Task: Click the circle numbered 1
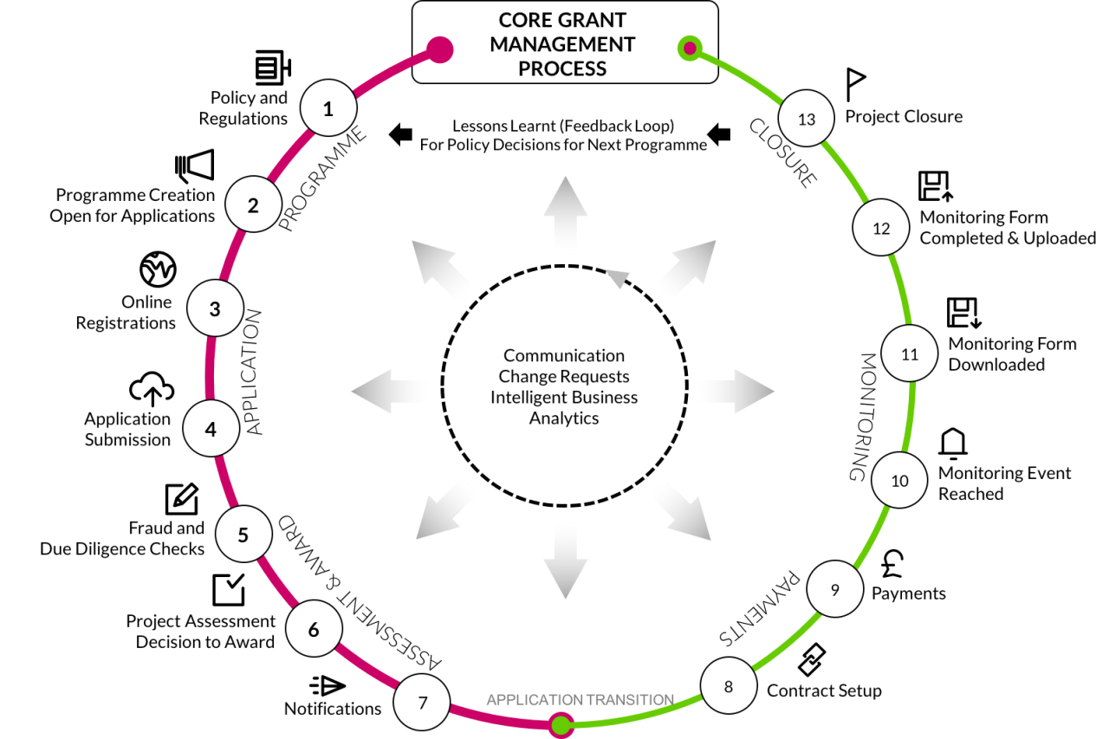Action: click(x=328, y=108)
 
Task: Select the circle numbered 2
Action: click(x=253, y=205)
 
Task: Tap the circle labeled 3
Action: click(x=215, y=308)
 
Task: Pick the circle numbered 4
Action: click(x=211, y=428)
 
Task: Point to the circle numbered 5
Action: click(x=243, y=535)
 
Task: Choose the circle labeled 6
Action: click(x=314, y=629)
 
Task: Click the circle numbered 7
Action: click(x=422, y=702)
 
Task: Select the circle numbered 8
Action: click(x=729, y=686)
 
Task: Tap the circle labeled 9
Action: click(x=835, y=589)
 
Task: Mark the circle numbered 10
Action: click(x=899, y=480)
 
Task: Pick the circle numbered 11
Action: click(x=909, y=353)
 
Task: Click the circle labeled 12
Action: click(x=881, y=229)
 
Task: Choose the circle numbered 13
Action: click(x=806, y=119)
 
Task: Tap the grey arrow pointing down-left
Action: click(x=446, y=516)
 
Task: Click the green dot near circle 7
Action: click(x=561, y=724)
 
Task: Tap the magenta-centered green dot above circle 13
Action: click(x=690, y=48)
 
